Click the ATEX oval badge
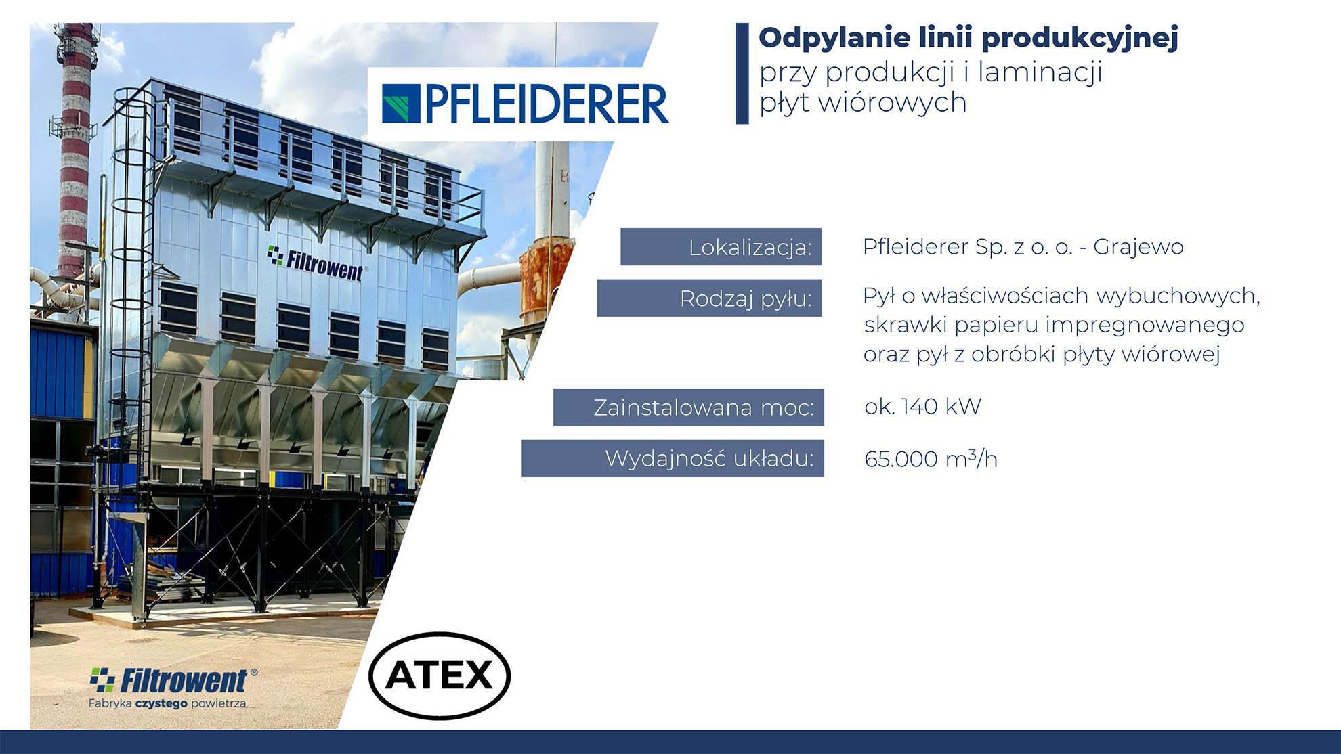coord(440,675)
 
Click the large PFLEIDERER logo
coord(525,104)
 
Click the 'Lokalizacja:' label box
coord(721,247)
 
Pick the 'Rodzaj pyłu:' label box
coord(709,298)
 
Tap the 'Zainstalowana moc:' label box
coord(688,407)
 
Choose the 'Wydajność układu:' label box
coord(673,458)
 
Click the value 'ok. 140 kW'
coord(922,406)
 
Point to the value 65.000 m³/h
coord(931,459)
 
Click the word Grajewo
coord(1138,248)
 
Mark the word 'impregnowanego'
coord(1145,326)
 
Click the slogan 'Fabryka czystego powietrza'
coord(167,703)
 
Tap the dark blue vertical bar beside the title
coord(742,73)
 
